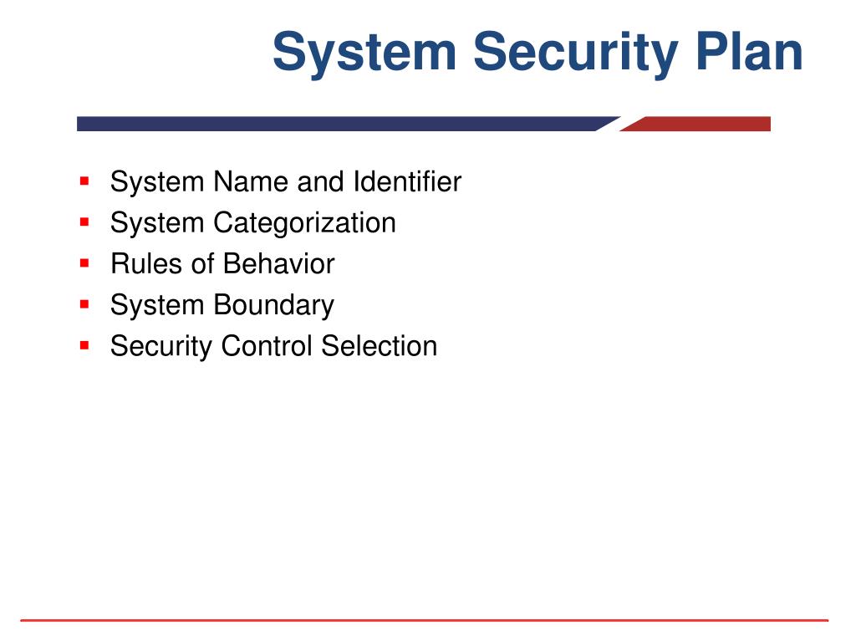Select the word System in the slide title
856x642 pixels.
click(x=364, y=54)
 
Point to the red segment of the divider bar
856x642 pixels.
click(x=696, y=124)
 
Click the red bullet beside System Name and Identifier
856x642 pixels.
click(x=84, y=181)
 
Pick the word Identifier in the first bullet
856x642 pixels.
click(x=407, y=181)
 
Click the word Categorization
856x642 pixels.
click(x=304, y=223)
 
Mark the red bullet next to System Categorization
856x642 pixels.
click(x=84, y=222)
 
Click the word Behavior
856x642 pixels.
click(x=279, y=263)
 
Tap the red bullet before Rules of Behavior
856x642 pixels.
click(x=84, y=263)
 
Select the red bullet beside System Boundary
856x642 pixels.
click(x=84, y=304)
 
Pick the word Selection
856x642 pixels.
click(x=380, y=346)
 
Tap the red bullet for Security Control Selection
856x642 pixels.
click(x=84, y=345)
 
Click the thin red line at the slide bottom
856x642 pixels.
click(x=424, y=620)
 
